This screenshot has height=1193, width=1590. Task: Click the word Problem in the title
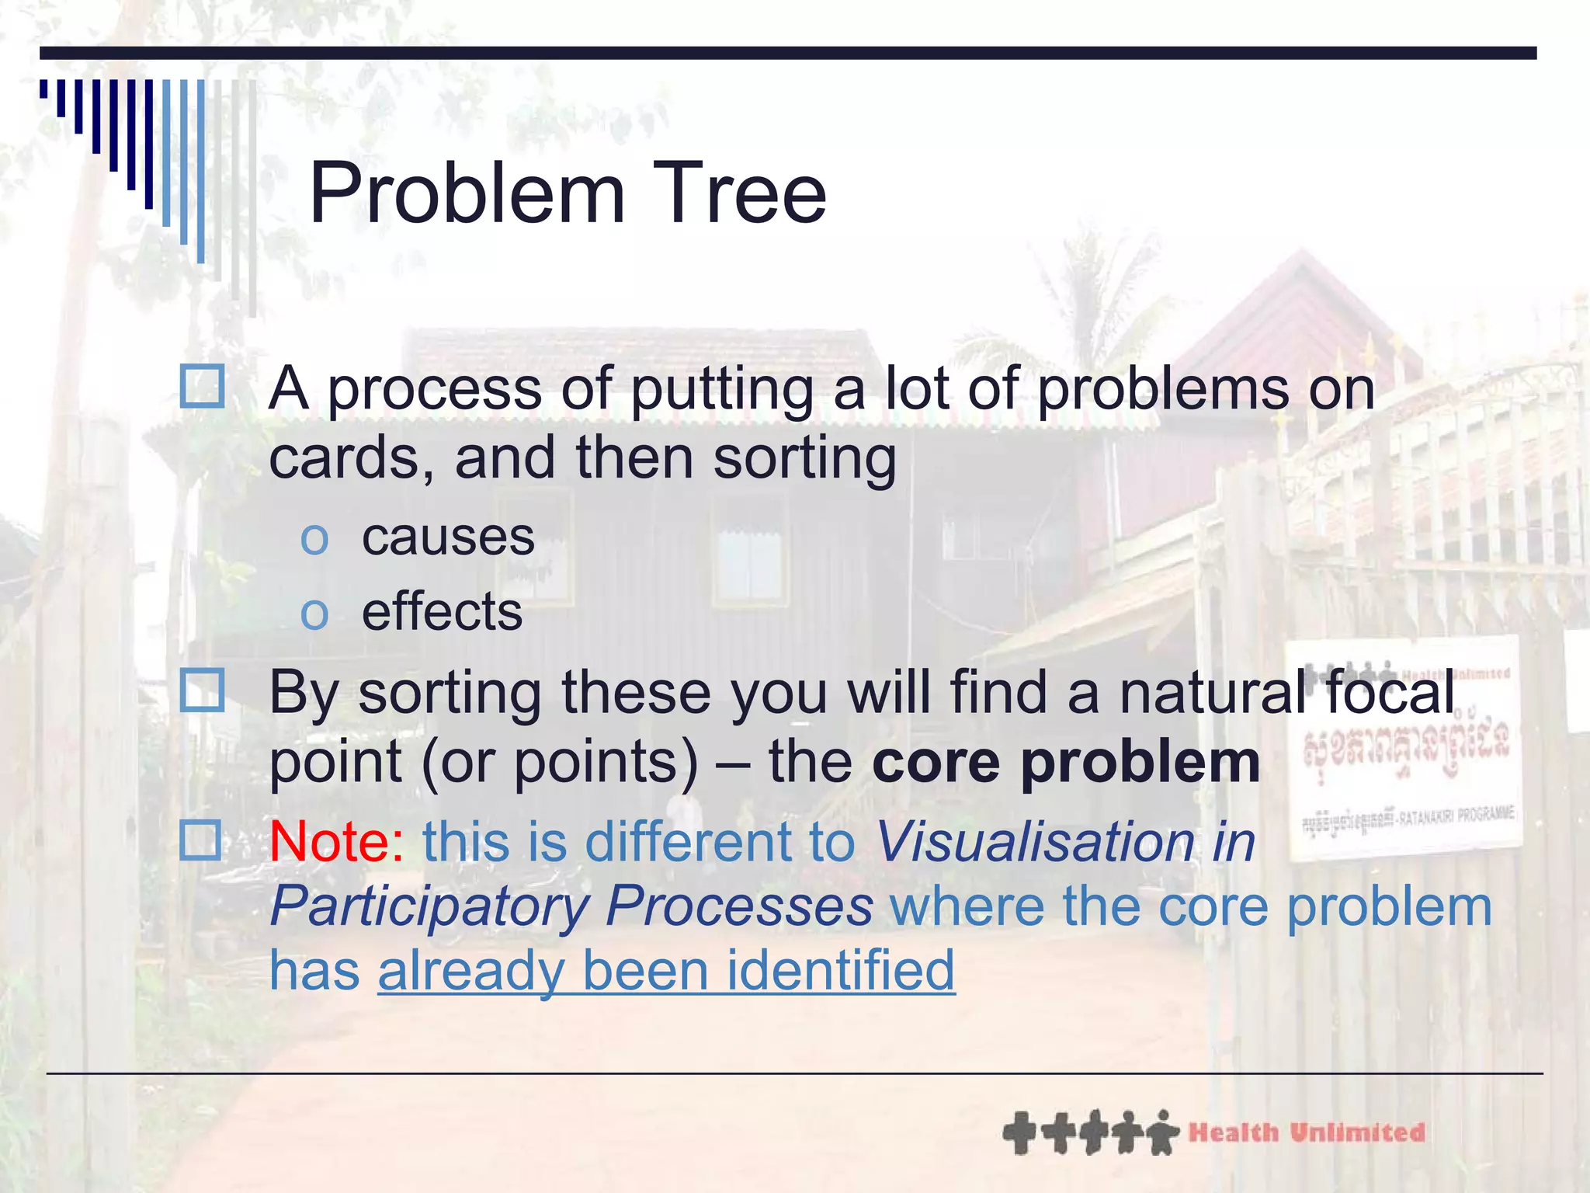tap(467, 194)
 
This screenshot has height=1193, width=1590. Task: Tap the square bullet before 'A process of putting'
tap(202, 386)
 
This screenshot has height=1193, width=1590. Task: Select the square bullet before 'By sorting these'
tap(202, 690)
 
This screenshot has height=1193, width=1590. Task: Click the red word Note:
tap(336, 842)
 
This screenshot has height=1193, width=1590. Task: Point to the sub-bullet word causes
tap(448, 537)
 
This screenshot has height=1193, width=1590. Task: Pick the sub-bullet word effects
tap(442, 612)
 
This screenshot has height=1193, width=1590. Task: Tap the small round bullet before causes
tap(314, 540)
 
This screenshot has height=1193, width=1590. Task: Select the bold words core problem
tap(1065, 763)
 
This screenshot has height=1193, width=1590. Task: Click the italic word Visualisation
tap(1035, 842)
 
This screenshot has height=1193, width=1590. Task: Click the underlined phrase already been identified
tap(666, 971)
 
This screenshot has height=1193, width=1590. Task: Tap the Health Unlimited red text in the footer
tap(1306, 1132)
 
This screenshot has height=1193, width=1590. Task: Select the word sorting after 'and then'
tap(804, 458)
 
